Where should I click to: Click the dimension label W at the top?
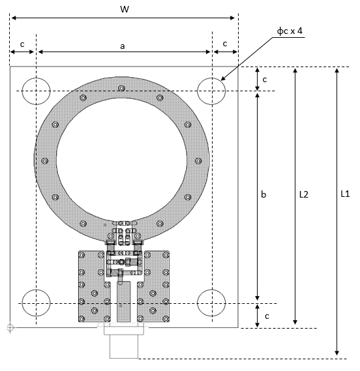tap(125, 9)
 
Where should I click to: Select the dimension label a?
tap(122, 46)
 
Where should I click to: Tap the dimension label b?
tap(263, 194)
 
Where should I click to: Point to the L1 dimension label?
tap(345, 194)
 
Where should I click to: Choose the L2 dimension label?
tap(304, 194)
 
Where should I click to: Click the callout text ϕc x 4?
tap(290, 31)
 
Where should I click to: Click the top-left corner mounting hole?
tap(37, 91)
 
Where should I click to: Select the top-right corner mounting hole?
tap(211, 91)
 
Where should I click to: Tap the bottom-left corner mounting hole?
tap(37, 303)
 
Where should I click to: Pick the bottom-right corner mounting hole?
tap(211, 303)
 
